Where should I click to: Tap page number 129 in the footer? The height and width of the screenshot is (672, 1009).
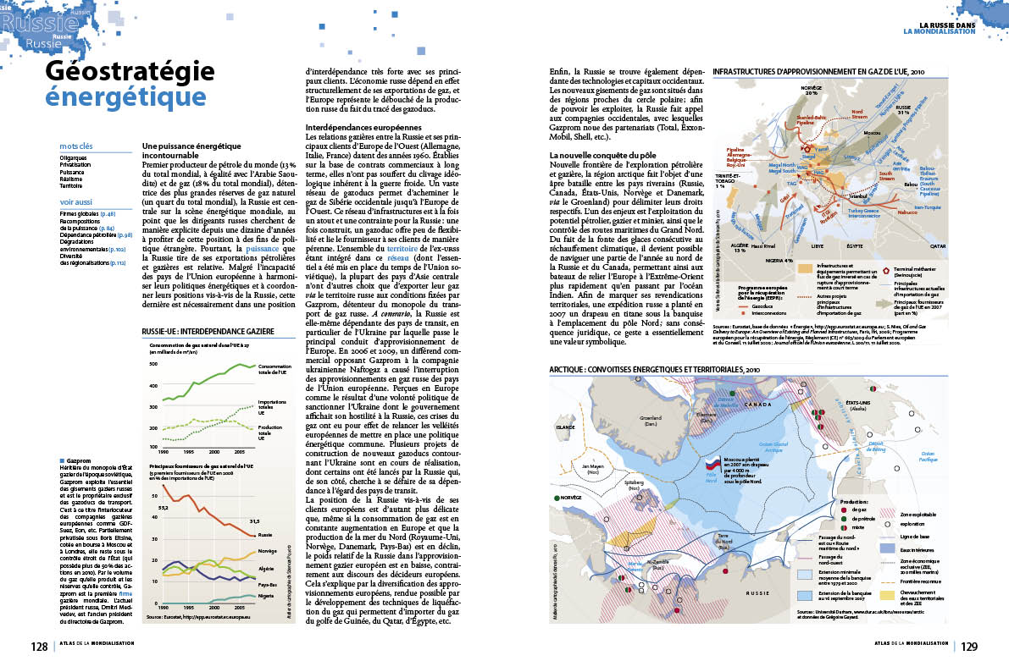click(x=969, y=647)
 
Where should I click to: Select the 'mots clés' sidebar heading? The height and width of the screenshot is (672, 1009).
click(x=76, y=146)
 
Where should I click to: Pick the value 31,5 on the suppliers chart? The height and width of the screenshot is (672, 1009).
click(x=252, y=521)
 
